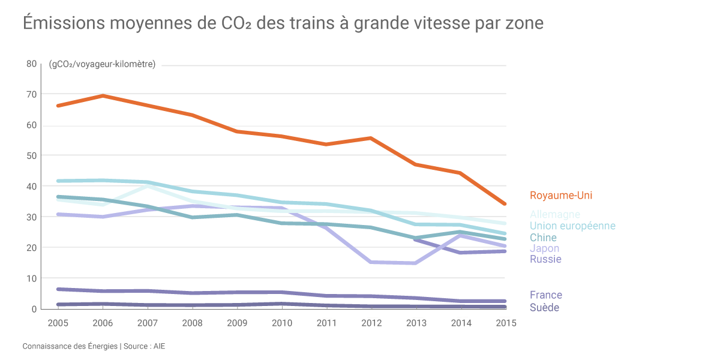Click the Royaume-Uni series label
(561, 196)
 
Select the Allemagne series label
(555, 214)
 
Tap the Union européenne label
(572, 226)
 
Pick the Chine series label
(543, 238)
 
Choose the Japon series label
(544, 248)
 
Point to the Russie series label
(545, 259)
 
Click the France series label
(546, 295)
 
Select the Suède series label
(544, 308)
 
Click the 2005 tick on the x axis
(58, 323)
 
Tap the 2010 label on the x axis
(282, 323)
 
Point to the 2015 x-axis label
(506, 323)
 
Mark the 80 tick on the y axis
(31, 64)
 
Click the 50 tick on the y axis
(31, 155)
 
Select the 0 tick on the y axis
(34, 309)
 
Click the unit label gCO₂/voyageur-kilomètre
(102, 64)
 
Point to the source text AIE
(160, 347)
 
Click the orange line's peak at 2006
(103, 96)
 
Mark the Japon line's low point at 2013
(416, 263)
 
